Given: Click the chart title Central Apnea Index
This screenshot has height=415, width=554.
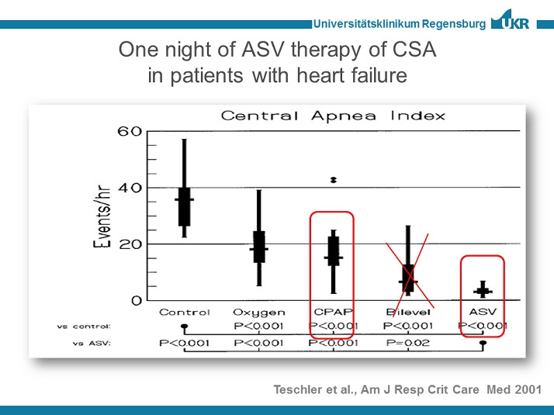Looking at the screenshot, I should tap(333, 116).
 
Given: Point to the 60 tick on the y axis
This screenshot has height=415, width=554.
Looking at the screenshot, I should tap(130, 131).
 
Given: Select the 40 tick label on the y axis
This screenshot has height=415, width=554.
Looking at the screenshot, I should tap(130, 188).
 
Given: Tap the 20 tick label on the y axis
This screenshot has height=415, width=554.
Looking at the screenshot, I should tap(130, 244).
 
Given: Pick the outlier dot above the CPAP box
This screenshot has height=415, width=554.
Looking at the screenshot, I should tap(333, 179).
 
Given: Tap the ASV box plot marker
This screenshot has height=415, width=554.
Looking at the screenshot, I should tap(483, 291).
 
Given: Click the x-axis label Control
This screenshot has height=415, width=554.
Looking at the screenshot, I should tap(184, 312).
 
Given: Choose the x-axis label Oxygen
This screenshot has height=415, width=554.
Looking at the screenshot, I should tap(258, 312).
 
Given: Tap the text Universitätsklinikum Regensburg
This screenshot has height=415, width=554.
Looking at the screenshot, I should tap(400, 24).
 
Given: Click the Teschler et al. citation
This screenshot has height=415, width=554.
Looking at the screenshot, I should tap(407, 389).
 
